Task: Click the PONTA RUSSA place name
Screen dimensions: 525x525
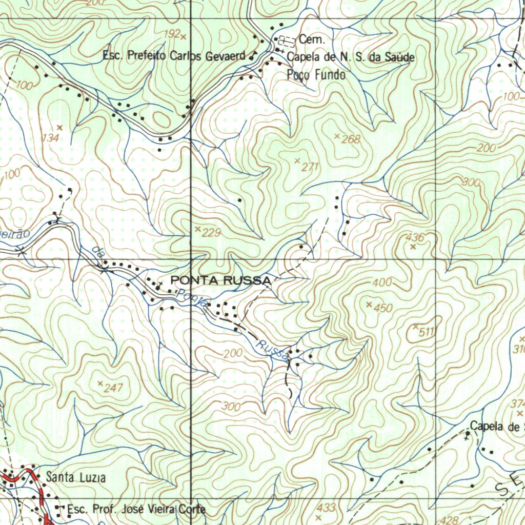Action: click(x=221, y=280)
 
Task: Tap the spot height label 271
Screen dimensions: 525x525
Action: click(x=311, y=167)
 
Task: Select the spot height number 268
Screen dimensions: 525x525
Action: click(x=351, y=139)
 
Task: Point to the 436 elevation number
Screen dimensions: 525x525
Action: click(x=415, y=237)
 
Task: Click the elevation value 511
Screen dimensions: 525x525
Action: click(x=427, y=332)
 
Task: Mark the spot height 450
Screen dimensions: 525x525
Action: click(x=383, y=308)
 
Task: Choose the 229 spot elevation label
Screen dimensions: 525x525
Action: click(x=211, y=233)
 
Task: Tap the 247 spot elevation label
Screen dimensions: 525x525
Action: click(x=113, y=388)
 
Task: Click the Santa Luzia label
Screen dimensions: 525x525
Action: click(x=76, y=478)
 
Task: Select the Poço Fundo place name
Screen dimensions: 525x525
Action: click(x=316, y=75)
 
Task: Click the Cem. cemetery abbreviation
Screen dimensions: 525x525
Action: click(x=309, y=39)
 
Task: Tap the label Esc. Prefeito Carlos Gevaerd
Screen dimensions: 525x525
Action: click(x=174, y=55)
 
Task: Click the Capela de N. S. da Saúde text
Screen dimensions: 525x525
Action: click(x=351, y=57)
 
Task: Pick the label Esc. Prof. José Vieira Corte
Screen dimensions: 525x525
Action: click(x=136, y=509)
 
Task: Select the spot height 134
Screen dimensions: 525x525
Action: click(x=52, y=137)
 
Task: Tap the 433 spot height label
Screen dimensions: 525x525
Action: click(x=326, y=508)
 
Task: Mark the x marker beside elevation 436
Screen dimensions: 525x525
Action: click(x=413, y=247)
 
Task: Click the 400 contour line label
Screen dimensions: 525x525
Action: click(x=382, y=282)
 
